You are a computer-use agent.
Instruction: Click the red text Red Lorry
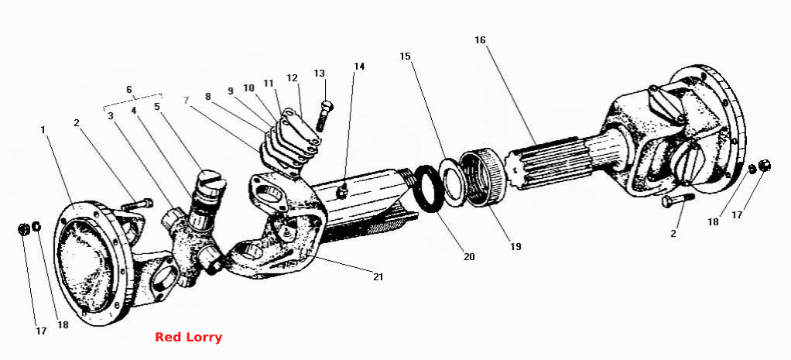188,338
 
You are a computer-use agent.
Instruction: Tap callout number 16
480,39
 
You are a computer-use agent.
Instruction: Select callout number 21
378,276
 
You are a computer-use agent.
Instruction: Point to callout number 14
359,66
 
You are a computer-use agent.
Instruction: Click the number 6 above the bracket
129,89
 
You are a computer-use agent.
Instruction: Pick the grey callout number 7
187,100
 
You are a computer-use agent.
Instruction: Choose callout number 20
469,256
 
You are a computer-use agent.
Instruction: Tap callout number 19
515,246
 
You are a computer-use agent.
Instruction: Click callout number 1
43,130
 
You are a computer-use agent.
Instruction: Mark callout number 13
320,74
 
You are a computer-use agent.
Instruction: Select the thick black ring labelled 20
429,188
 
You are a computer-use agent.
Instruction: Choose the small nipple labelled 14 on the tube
343,191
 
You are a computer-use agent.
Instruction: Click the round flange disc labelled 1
95,262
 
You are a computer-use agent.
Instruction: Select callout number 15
405,56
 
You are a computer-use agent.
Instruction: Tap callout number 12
292,77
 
